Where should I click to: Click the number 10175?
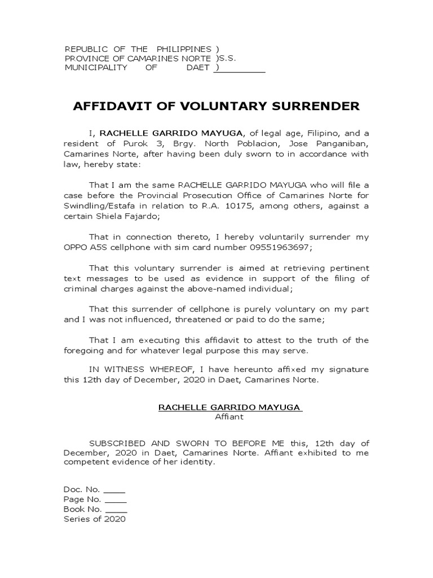[x=236, y=206]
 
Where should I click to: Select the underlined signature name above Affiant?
[x=230, y=408]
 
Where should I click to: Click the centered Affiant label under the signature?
[x=229, y=417]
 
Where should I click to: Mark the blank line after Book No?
[x=116, y=509]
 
